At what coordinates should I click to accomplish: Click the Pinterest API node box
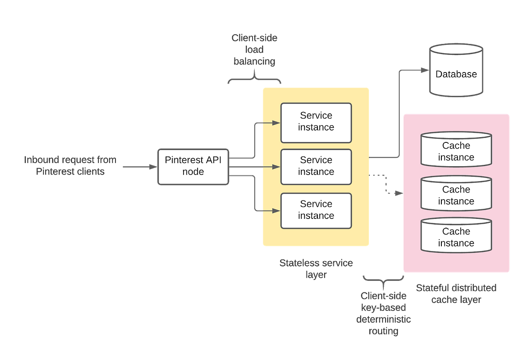coord(193,166)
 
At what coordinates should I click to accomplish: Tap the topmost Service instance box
coord(316,123)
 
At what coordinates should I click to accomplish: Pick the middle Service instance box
coord(316,167)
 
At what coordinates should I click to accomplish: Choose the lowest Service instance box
coord(316,211)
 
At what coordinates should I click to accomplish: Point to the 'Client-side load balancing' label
coord(254,50)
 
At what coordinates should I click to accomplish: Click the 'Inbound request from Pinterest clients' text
coord(70,166)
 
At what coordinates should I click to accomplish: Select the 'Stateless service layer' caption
coord(316,269)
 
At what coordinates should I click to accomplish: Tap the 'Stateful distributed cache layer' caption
coord(456,294)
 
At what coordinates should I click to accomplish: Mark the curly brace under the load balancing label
coord(254,79)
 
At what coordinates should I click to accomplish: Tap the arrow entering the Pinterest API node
coord(152,167)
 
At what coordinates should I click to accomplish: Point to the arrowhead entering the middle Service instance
coord(276,167)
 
